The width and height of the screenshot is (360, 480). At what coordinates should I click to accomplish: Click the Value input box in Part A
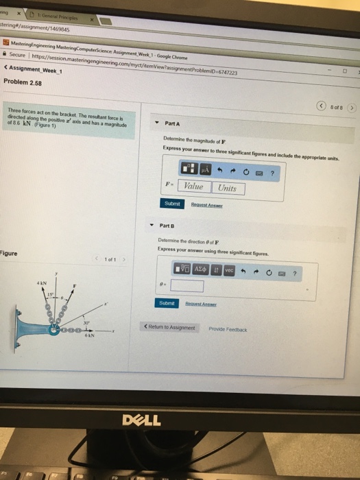pos(193,187)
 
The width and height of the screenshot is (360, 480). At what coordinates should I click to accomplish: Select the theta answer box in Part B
pos(187,285)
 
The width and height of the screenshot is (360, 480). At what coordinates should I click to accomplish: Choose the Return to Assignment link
pos(169,328)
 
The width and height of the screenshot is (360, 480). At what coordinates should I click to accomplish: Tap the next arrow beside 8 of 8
pos(352,107)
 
